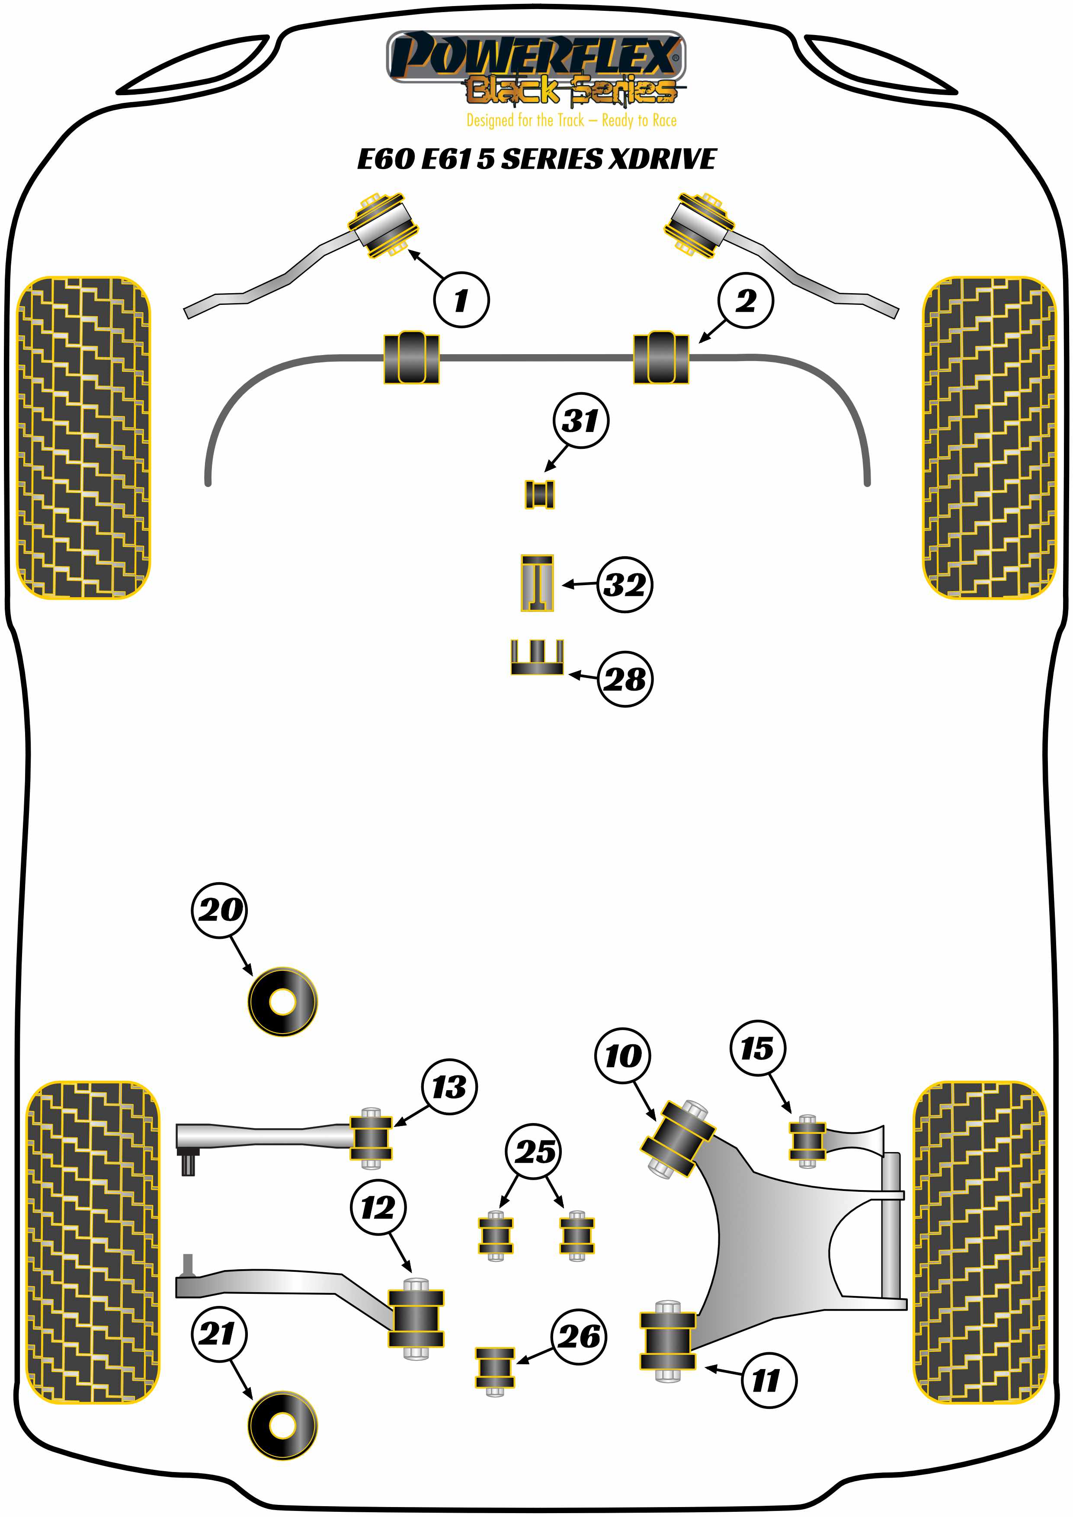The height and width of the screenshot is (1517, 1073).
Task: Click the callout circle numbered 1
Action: pyautogui.click(x=461, y=300)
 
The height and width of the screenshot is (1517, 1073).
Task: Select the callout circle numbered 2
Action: pyautogui.click(x=745, y=301)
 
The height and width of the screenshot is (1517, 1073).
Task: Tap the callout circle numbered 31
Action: pyautogui.click(x=581, y=420)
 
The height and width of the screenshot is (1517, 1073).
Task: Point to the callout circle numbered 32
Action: pyautogui.click(x=625, y=584)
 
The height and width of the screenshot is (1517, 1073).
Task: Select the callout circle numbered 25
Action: pyautogui.click(x=534, y=1152)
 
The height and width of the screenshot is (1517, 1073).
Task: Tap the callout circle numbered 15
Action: pyautogui.click(x=757, y=1048)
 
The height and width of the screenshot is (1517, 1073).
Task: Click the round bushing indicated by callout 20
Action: pyautogui.click(x=282, y=1001)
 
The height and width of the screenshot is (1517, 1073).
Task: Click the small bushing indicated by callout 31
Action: pyautogui.click(x=539, y=494)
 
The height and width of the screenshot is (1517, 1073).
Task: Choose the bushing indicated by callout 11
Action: pyautogui.click(x=667, y=1341)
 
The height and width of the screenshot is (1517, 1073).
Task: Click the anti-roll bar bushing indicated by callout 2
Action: pyautogui.click(x=661, y=358)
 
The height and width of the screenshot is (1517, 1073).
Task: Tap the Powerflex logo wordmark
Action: pyautogui.click(x=535, y=56)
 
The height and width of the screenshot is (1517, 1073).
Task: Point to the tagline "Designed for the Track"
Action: pyautogui.click(x=525, y=120)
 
